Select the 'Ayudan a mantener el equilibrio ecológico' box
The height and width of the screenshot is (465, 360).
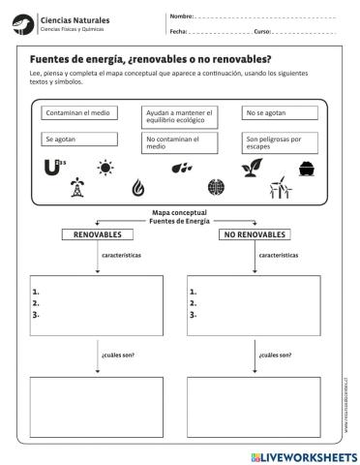click(180, 117)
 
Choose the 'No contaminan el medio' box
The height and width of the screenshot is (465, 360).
click(180, 143)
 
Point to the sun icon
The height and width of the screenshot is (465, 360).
click(105, 168)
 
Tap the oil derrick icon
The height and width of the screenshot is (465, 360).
click(77, 189)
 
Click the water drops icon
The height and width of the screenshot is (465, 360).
click(181, 169)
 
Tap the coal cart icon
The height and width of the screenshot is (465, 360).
click(307, 169)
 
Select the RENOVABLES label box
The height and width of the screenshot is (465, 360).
click(97, 234)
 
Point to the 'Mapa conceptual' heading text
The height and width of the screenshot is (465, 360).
click(180, 213)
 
